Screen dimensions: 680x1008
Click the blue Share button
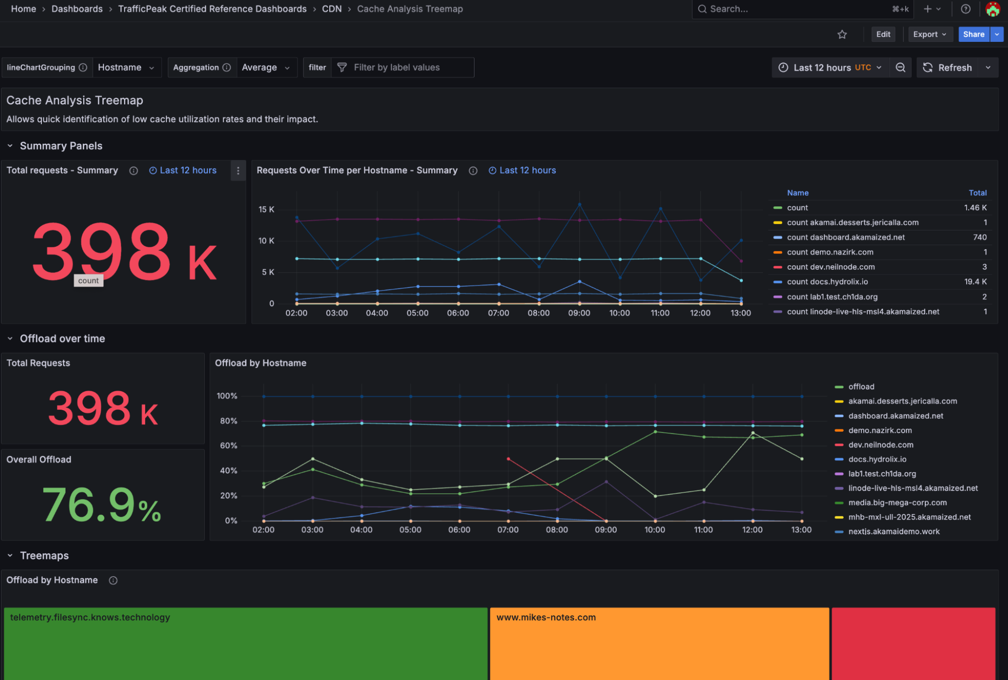pos(973,34)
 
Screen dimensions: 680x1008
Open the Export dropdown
pos(929,34)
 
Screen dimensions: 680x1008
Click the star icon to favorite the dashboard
pos(842,34)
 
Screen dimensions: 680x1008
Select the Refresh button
pos(947,68)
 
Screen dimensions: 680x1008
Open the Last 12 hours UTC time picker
pos(832,68)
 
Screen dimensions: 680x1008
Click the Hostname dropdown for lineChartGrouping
pos(126,68)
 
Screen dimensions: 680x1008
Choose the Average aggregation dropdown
pos(266,68)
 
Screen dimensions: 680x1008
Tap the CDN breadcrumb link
pos(331,9)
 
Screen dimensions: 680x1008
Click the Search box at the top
pos(797,9)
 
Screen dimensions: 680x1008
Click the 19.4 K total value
pos(975,282)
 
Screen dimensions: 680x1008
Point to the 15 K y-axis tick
pos(266,209)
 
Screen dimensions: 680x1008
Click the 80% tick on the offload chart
pos(228,421)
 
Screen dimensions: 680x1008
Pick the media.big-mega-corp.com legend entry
pos(897,502)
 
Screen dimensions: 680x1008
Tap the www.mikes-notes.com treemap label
pos(546,617)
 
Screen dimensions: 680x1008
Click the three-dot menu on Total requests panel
pos(238,171)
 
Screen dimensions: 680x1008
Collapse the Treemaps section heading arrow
pos(10,555)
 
